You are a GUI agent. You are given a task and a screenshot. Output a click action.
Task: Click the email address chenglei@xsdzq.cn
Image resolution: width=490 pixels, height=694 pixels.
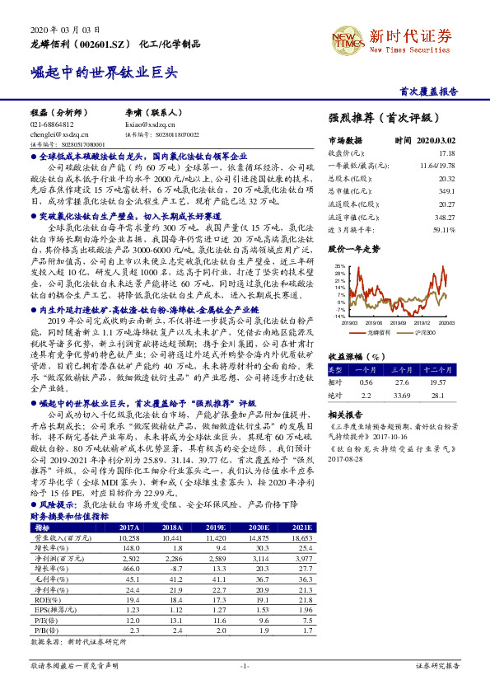coord(53,133)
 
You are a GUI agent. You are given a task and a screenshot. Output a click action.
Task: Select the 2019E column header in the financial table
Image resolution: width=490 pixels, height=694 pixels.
coord(215,527)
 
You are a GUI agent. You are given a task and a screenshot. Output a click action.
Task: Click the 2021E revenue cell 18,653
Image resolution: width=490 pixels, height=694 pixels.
coord(301,537)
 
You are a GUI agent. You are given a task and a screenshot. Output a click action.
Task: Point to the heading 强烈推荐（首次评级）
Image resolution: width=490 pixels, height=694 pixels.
coord(378,119)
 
